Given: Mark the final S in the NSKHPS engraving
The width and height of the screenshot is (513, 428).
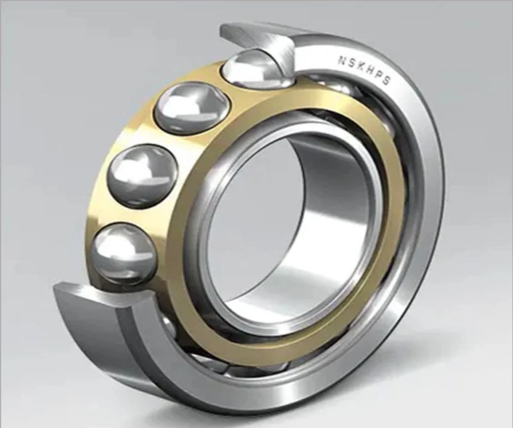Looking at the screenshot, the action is point(385,80).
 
